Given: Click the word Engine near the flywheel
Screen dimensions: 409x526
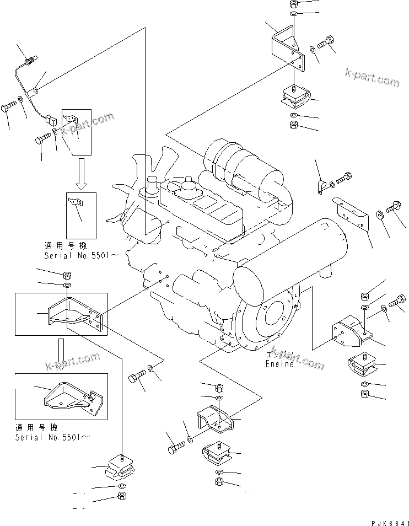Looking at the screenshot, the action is point(279,364).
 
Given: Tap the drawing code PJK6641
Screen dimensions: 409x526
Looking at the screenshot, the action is point(390,522).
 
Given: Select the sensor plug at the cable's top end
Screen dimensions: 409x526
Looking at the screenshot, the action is point(31,61).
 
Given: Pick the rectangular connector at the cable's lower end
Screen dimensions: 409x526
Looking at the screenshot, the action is point(51,119).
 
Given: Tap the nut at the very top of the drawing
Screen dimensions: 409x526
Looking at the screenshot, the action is point(293,4).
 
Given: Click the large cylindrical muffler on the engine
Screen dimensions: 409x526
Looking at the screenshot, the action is point(290,262).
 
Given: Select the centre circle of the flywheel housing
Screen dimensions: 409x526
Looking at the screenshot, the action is point(274,314).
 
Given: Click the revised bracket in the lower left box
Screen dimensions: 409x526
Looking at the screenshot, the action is point(73,397).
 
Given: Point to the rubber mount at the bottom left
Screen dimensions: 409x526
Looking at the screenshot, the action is point(120,466).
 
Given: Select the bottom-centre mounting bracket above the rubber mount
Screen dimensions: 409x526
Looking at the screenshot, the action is point(216,420).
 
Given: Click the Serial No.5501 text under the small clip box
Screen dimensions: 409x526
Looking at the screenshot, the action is point(82,255).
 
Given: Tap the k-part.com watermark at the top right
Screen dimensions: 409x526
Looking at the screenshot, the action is point(372,78).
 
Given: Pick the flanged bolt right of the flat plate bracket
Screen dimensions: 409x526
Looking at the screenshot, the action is point(392,206).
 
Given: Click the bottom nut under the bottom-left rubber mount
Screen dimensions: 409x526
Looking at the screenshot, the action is point(122,496).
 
